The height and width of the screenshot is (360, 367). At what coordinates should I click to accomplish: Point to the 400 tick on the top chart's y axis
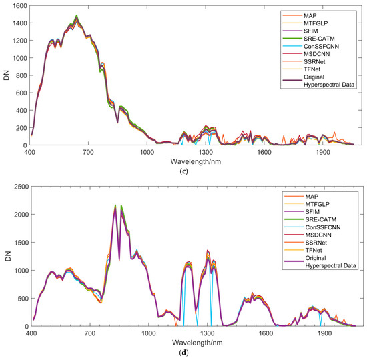18,110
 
